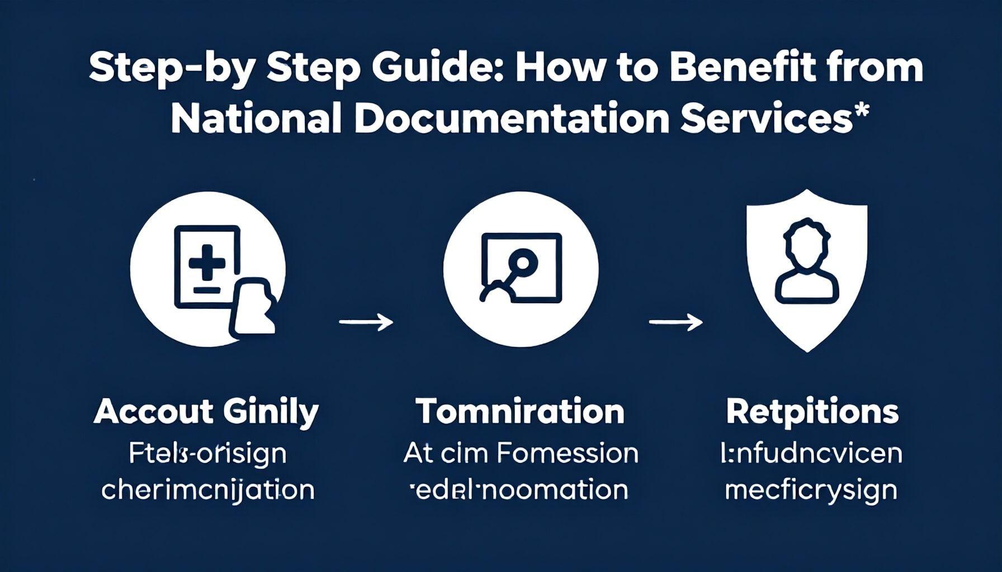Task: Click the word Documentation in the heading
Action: point(512,119)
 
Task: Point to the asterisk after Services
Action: point(862,109)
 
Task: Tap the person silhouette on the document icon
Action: point(253,307)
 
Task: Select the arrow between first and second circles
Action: point(366,322)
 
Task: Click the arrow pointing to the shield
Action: point(675,322)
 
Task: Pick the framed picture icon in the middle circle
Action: point(521,268)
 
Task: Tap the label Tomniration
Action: point(520,412)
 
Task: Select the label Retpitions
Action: point(812,412)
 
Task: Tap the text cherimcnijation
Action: point(207,491)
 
